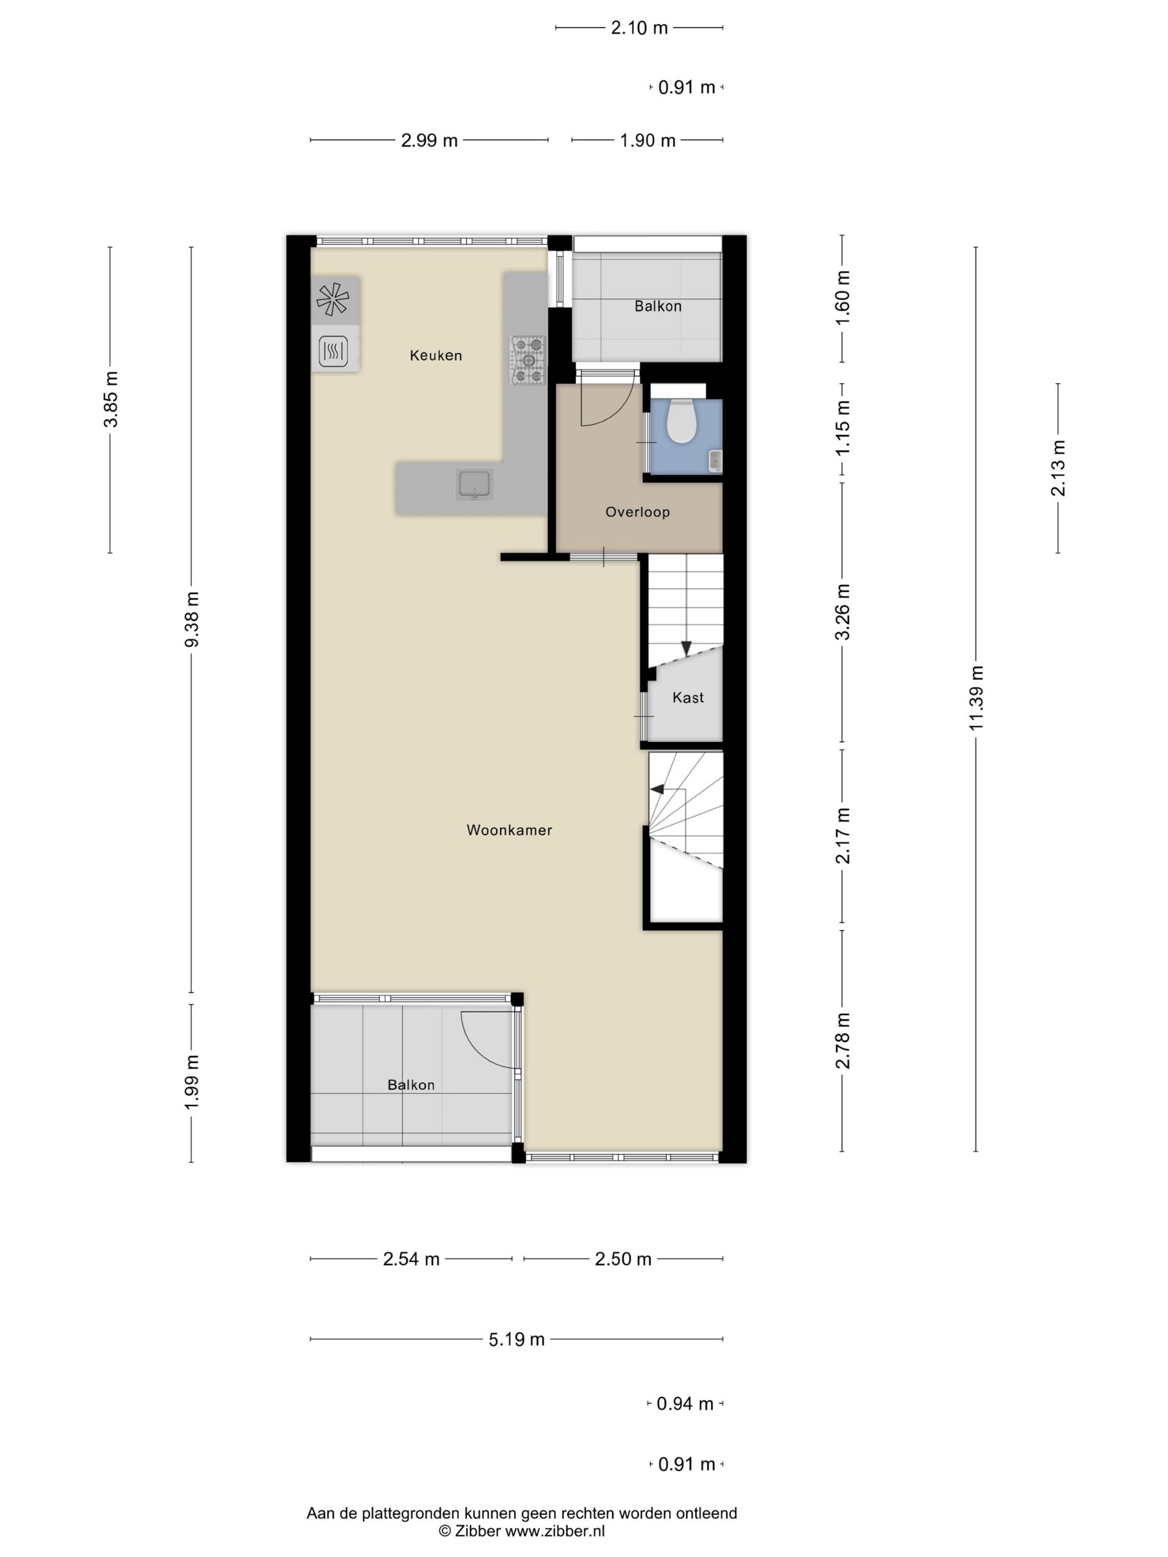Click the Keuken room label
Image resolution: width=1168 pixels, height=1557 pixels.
[436, 355]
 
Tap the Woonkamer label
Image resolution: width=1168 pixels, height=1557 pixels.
[509, 830]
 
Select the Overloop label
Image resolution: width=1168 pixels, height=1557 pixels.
[637, 512]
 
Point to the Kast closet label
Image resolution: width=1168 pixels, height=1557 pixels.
[688, 697]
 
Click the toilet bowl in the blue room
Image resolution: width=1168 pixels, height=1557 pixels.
[681, 420]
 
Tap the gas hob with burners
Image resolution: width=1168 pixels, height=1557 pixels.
[528, 360]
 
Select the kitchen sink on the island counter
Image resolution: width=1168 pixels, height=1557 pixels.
[475, 484]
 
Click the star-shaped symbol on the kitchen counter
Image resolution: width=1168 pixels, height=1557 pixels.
[332, 299]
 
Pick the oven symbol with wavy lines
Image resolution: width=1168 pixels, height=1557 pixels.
[333, 350]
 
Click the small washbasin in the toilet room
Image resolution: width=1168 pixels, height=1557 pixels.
[715, 460]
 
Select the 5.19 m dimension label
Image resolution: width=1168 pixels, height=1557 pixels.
[517, 1339]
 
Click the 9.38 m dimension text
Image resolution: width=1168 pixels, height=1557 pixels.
[191, 619]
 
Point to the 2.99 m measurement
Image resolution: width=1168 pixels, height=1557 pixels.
[429, 140]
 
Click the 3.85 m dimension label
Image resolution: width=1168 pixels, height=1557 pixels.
[111, 399]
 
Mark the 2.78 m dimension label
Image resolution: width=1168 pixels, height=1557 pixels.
[843, 1041]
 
